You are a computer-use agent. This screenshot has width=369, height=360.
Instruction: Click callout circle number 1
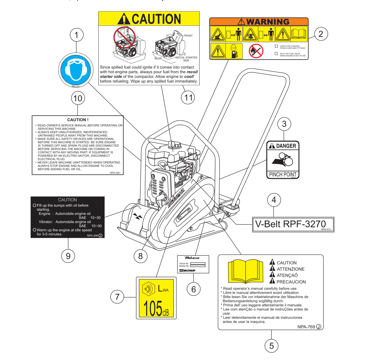click(77, 35)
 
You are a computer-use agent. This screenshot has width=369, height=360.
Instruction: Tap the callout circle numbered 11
click(188, 97)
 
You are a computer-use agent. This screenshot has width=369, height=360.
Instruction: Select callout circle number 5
click(271, 346)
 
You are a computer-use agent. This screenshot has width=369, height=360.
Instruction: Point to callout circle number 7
click(117, 297)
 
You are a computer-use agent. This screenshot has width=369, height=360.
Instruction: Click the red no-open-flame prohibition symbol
click(256, 51)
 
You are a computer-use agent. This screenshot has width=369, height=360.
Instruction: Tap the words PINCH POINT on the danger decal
click(283, 174)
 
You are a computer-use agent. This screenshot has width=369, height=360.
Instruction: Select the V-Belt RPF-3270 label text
click(290, 224)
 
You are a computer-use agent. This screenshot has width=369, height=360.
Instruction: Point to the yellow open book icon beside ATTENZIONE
click(246, 271)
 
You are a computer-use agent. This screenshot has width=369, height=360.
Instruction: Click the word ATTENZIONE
click(291, 269)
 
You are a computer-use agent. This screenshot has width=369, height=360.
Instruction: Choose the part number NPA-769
click(306, 327)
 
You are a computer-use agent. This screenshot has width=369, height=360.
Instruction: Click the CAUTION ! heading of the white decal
click(78, 120)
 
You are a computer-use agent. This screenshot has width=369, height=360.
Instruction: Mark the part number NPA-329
click(115, 173)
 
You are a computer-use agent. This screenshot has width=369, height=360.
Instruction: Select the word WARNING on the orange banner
click(268, 22)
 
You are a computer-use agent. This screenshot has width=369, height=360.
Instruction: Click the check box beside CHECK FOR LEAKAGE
click(276, 46)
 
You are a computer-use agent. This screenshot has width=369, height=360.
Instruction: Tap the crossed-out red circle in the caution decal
click(125, 37)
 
